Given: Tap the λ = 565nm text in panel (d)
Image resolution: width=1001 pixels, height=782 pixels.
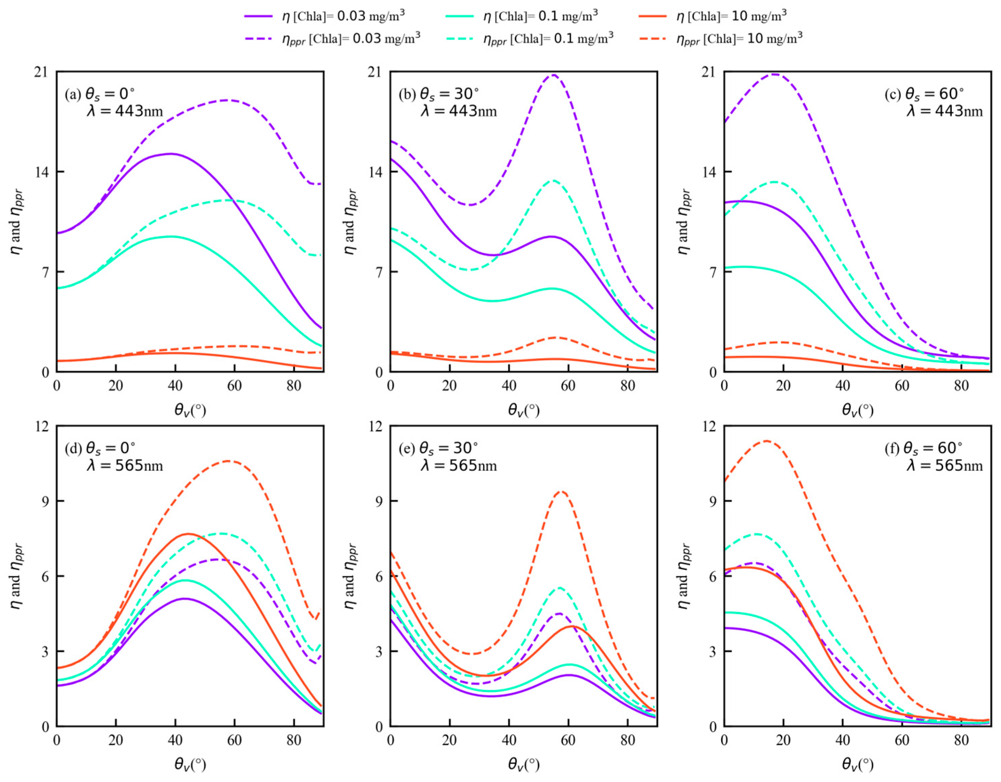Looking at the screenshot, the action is tap(125, 466).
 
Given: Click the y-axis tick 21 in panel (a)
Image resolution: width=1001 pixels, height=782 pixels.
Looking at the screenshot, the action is tap(42, 72).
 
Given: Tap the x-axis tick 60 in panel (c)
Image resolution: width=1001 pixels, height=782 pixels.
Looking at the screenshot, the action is tap(902, 386).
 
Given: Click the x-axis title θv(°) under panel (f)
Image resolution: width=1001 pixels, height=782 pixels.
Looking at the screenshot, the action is tap(857, 765).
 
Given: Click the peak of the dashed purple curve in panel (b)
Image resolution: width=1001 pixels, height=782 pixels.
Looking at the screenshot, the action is tap(554, 75).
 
